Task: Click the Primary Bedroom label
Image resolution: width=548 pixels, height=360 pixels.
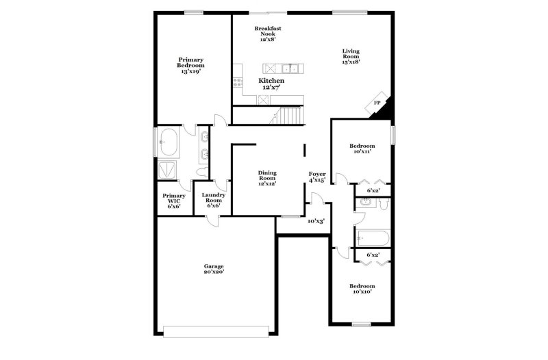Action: coord(190,65)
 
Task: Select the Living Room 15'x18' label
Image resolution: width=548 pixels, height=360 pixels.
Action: coord(351,56)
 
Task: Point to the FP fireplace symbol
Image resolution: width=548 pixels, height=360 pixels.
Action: coord(377,103)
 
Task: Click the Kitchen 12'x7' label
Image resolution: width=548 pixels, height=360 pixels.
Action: coord(271,83)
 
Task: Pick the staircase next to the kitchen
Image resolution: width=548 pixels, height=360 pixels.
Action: coord(286,115)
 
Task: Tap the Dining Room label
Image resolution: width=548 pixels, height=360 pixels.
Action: coord(267,178)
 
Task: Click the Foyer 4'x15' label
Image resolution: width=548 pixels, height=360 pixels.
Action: coord(317,177)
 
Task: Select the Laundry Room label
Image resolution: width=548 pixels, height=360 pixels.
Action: coord(214,200)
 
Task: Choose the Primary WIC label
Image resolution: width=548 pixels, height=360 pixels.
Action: coord(174,201)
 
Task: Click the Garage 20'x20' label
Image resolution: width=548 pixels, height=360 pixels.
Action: coord(214,269)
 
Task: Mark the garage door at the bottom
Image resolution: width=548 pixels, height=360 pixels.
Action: coord(216,332)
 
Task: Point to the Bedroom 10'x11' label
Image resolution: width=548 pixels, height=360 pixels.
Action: coord(362,149)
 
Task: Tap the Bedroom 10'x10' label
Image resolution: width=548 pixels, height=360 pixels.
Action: coord(362,288)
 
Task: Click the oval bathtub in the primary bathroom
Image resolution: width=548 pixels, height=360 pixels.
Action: coord(169,142)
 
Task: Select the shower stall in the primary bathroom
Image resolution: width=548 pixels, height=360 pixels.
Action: coord(167,170)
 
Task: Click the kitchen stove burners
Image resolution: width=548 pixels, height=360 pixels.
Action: coord(238,82)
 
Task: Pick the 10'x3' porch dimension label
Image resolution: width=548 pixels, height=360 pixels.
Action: coord(316,221)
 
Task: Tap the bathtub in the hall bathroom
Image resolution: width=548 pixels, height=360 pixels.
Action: coord(373,238)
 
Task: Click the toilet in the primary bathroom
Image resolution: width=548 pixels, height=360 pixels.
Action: coord(202,172)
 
